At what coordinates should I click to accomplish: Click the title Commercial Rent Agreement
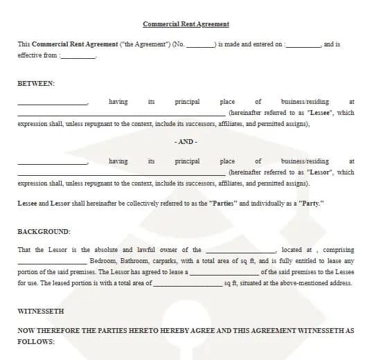186,24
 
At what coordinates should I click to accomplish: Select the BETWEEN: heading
36,83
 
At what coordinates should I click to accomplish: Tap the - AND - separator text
186,142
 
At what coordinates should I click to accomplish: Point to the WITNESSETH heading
41,312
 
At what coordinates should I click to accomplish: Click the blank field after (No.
200,45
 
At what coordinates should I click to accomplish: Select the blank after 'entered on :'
303,45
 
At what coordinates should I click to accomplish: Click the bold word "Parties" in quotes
223,204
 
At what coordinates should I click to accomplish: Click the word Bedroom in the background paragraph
104,261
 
